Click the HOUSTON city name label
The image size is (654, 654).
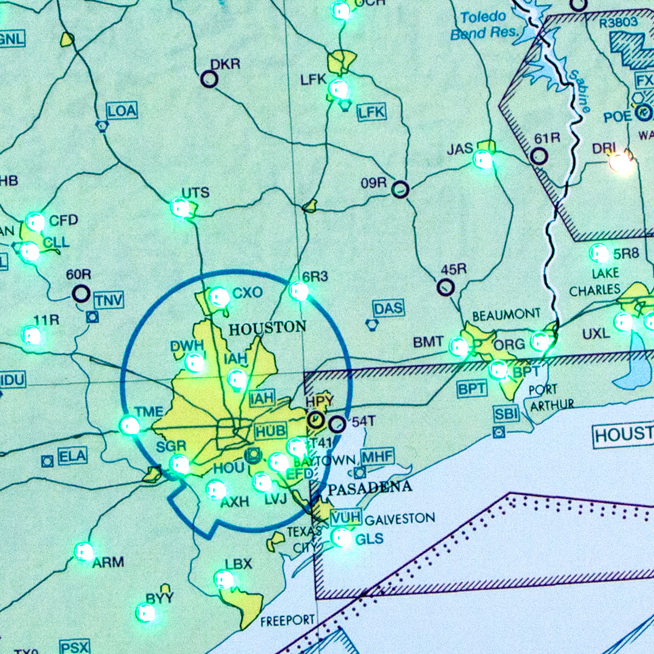tap(267, 328)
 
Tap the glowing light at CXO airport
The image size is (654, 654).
tap(219, 296)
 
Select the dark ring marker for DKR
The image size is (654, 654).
tap(209, 79)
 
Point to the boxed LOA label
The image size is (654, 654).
tap(122, 111)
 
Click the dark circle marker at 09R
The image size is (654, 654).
tap(401, 189)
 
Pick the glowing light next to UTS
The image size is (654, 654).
tap(180, 208)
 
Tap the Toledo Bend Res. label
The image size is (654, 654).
tap(483, 25)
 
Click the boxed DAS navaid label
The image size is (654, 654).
tap(389, 308)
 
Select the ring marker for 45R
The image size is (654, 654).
tap(446, 287)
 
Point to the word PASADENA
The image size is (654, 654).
tap(370, 488)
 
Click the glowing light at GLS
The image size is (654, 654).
tap(342, 537)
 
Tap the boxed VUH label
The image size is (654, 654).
tap(346, 517)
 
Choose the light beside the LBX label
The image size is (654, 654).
tap(223, 579)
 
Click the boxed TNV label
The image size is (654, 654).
tap(108, 300)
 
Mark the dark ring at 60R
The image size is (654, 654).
tap(81, 294)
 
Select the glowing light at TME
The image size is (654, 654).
tap(130, 425)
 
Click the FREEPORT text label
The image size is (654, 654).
tap(287, 620)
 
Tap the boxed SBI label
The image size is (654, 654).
tap(506, 414)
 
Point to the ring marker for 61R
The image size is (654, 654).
tap(539, 156)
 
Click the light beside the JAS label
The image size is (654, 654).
tap(483, 159)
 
